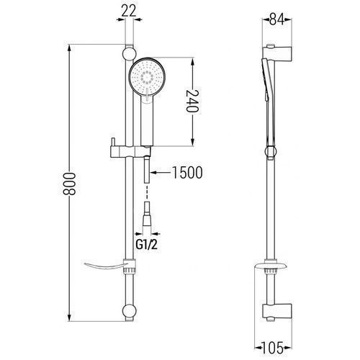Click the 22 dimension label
pyautogui.click(x=129, y=11)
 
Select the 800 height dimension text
pyautogui.click(x=70, y=184)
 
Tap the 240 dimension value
pyautogui.click(x=193, y=101)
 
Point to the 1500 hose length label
pyautogui.click(x=187, y=172)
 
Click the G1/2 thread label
pyautogui.click(x=147, y=245)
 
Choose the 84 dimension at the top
pyautogui.click(x=276, y=19)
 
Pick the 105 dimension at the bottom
pyautogui.click(x=272, y=348)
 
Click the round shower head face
pyautogui.click(x=147, y=77)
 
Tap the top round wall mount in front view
pyautogui.click(x=130, y=54)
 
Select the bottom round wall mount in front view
pyautogui.click(x=130, y=311)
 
